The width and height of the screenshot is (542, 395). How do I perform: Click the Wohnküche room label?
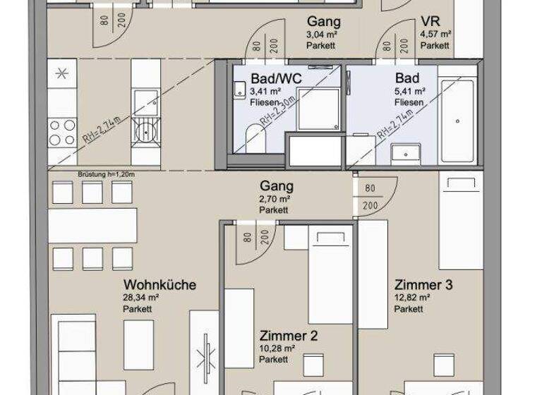point(159,286)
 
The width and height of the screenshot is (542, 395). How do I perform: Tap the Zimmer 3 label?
point(423,285)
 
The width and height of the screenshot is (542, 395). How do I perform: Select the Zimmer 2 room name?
point(288,336)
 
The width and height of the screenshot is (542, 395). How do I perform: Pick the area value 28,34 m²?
point(140,298)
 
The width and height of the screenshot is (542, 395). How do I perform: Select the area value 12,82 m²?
point(413,298)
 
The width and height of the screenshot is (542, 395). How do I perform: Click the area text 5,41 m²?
point(410,91)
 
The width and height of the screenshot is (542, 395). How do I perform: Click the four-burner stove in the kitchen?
point(62,131)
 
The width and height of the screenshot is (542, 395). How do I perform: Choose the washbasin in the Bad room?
point(405,151)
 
